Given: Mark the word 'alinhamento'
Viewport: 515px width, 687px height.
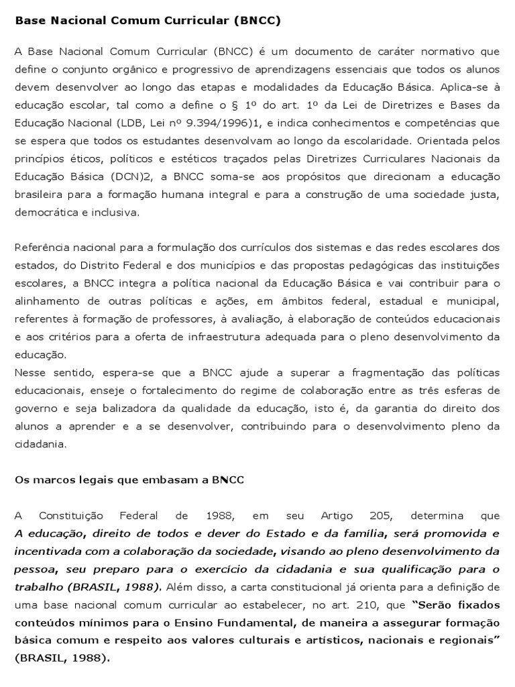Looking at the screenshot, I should click(48, 301).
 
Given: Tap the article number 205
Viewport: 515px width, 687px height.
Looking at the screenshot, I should click(380, 515).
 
